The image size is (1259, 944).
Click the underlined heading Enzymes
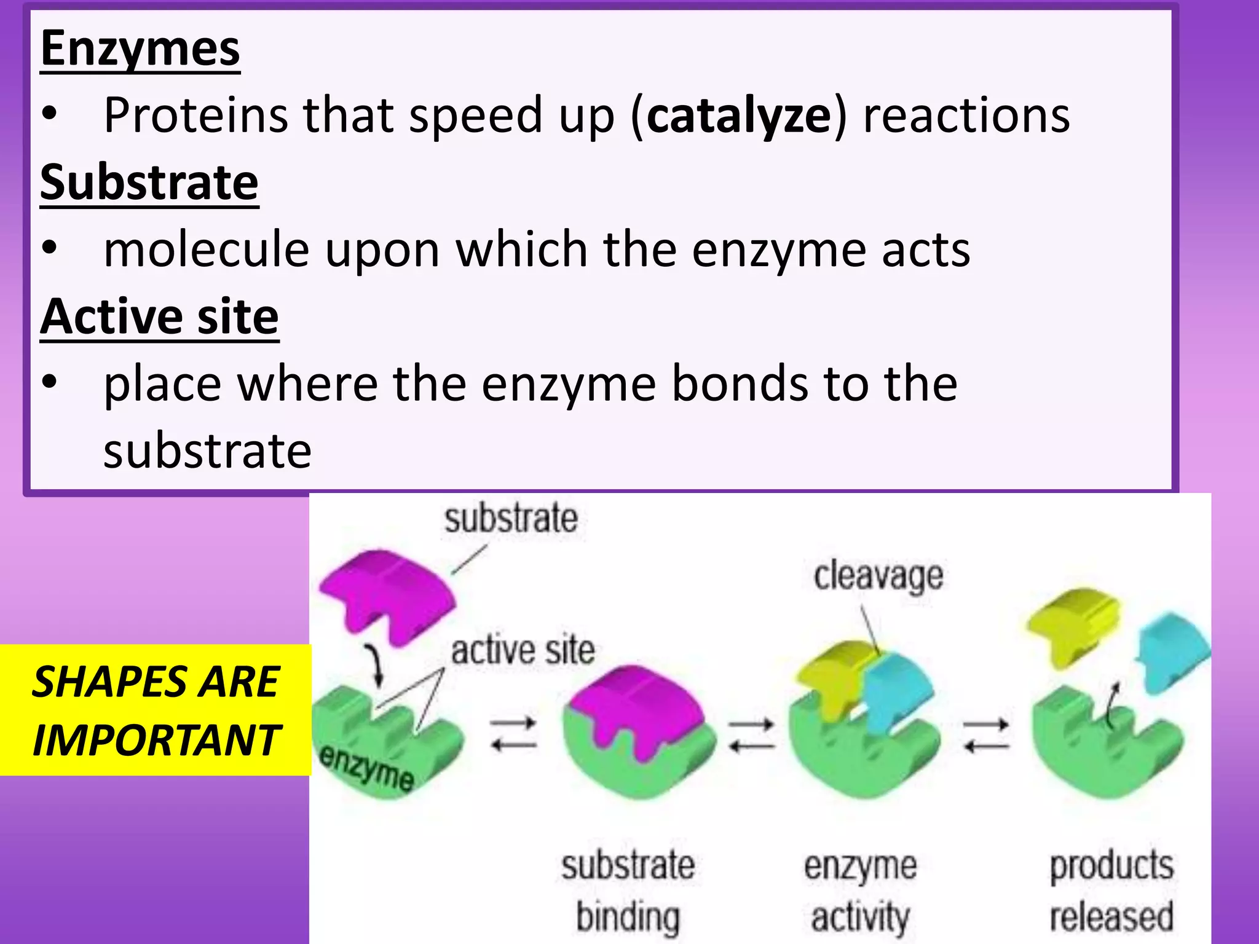pyautogui.click(x=140, y=49)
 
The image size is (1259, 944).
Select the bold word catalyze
pyautogui.click(x=739, y=116)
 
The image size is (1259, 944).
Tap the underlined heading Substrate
pyautogui.click(x=149, y=183)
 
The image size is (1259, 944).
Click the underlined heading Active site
pyautogui.click(x=160, y=317)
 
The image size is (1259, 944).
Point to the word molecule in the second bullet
pyautogui.click(x=207, y=250)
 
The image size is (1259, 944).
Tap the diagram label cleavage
pyautogui.click(x=878, y=576)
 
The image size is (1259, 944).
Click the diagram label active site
pyautogui.click(x=523, y=651)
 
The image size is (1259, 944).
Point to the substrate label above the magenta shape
pyautogui.click(x=511, y=519)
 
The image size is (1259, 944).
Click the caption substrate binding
pyautogui.click(x=628, y=891)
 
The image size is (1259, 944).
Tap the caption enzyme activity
pyautogui.click(x=860, y=891)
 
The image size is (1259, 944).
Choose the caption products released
pyautogui.click(x=1111, y=891)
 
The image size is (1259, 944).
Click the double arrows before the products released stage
pyautogui.click(x=986, y=735)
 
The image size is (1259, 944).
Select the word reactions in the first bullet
pyautogui.click(x=966, y=116)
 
